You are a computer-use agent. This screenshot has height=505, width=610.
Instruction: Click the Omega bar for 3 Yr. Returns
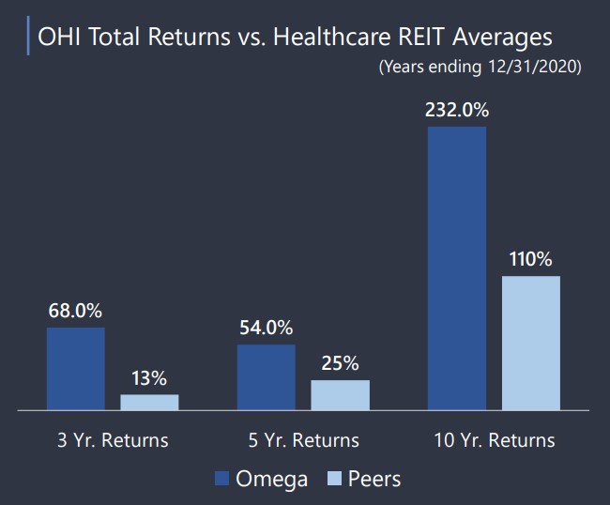[76, 369]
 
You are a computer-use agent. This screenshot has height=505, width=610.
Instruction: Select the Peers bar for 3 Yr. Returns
[149, 403]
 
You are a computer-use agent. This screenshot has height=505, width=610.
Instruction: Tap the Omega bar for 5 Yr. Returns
[267, 377]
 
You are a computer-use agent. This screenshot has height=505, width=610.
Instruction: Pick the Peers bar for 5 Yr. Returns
[341, 395]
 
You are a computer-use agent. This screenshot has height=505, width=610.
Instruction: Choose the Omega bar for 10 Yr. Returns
[457, 268]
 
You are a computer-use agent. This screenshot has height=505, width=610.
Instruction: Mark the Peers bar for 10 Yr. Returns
[531, 344]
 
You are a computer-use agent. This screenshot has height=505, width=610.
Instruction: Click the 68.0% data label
[75, 311]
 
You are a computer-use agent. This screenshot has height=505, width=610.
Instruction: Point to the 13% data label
[149, 378]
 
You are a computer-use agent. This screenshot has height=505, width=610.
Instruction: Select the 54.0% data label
[267, 328]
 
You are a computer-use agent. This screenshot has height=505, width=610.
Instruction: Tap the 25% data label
[340, 363]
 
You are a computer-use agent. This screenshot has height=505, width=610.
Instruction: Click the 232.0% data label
[457, 110]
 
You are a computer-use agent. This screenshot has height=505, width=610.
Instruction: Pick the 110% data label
[530, 259]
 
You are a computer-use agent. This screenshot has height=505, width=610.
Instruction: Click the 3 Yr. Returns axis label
[113, 440]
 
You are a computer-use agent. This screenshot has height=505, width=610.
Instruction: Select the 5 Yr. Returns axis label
[303, 440]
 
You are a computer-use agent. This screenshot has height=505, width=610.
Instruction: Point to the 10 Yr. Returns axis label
[494, 440]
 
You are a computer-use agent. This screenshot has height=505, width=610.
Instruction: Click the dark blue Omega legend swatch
[221, 479]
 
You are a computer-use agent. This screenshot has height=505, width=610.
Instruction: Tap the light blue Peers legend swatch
[335, 479]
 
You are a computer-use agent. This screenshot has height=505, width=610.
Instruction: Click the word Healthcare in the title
[332, 37]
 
